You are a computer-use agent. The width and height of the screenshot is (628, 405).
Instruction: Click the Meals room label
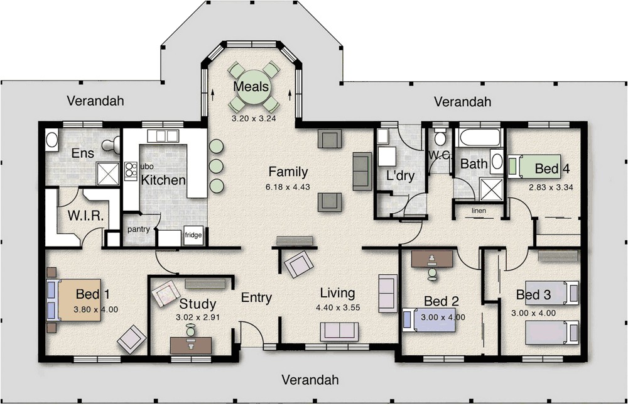pos(251,87)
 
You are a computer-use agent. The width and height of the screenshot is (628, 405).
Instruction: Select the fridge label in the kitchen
pos(192,235)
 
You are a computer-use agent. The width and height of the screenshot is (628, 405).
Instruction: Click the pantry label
pos(139,229)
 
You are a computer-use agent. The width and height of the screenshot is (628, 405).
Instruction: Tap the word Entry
pos(256,298)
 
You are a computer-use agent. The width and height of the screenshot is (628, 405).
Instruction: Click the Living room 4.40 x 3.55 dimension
pos(337,308)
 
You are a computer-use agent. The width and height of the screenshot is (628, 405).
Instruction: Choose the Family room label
pos(288,172)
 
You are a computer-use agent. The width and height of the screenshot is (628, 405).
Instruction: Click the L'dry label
pos(400,175)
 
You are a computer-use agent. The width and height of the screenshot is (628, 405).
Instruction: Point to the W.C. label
pos(438,155)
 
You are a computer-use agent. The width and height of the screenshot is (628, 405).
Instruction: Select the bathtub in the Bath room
pos(479,137)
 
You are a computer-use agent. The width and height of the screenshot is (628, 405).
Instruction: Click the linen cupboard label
pos(480,210)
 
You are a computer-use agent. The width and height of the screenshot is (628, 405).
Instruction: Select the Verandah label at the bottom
pos(310,379)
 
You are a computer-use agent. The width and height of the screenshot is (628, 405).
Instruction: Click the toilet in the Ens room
pos(111,145)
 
